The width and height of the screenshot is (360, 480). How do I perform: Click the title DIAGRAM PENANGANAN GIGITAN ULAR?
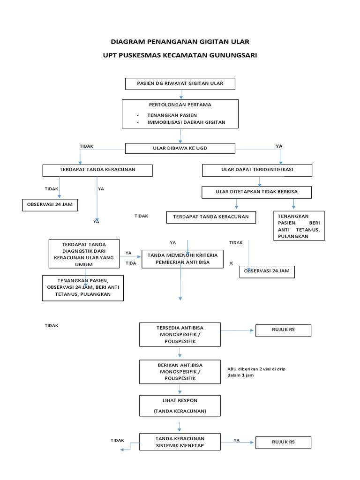[x=180, y=41]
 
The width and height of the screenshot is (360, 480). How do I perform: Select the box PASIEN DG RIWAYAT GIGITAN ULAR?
[x=180, y=84]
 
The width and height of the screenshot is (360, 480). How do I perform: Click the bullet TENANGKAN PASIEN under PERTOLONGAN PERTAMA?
[x=172, y=115]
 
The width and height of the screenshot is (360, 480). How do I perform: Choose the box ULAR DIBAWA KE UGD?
[x=180, y=149]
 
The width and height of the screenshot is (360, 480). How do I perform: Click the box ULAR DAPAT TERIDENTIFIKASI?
[x=257, y=170]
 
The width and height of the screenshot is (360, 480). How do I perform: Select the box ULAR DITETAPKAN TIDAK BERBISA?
[x=256, y=192]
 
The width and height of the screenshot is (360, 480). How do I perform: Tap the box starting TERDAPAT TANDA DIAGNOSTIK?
[x=83, y=255]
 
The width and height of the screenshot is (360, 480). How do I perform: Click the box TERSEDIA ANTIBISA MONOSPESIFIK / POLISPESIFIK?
[x=180, y=334]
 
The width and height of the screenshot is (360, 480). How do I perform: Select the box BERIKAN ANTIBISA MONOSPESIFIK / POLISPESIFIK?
[x=180, y=371]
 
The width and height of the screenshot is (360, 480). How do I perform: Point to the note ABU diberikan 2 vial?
[x=255, y=372]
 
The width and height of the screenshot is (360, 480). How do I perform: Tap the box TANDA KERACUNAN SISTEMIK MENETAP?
[x=180, y=442]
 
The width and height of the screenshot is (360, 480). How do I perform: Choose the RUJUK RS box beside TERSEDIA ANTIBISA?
[x=283, y=330]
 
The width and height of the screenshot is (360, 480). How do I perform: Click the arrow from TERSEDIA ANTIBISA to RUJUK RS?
[x=238, y=330]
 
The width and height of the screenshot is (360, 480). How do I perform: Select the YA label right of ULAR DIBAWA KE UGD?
[x=279, y=146]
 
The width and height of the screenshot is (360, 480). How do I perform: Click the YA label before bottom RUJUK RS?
[x=237, y=440]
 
